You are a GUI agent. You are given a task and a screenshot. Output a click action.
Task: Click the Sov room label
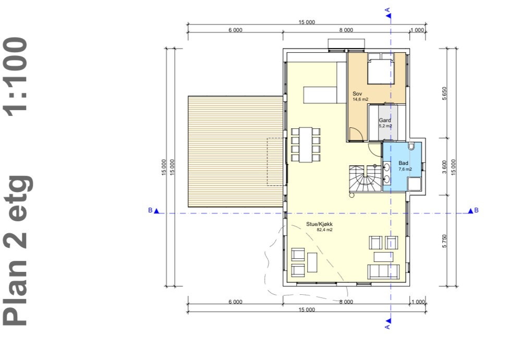pyautogui.click(x=357, y=94)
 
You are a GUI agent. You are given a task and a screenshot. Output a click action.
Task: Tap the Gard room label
pyautogui.click(x=385, y=120)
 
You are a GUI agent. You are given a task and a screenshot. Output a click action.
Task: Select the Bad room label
pyautogui.click(x=403, y=163)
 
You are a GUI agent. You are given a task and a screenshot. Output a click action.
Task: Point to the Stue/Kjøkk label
pyautogui.click(x=319, y=224)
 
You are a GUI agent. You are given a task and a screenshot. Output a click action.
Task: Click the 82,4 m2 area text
pyautogui.click(x=324, y=230)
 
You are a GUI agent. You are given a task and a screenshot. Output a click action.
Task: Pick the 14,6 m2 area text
pyautogui.click(x=360, y=99)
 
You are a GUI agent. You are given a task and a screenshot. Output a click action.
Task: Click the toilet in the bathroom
pyautogui.click(x=411, y=146)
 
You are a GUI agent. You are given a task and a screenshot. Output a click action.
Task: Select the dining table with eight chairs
pyautogui.click(x=305, y=145)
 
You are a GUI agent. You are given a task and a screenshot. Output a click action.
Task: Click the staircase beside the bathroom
pyautogui.click(x=365, y=178)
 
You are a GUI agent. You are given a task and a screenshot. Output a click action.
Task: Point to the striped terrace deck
pyautogui.click(x=235, y=151)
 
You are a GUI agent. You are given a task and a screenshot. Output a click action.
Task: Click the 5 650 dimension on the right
pyautogui.click(x=445, y=93)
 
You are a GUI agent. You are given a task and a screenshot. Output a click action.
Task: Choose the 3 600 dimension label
pyautogui.click(x=445, y=167)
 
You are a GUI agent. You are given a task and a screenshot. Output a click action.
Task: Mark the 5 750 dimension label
pyautogui.click(x=445, y=241)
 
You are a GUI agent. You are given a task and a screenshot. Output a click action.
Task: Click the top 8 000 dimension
pyautogui.click(x=346, y=30)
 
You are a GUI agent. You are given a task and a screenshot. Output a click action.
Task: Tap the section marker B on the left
pyautogui.click(x=153, y=210)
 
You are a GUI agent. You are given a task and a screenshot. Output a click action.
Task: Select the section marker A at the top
pyautogui.click(x=388, y=14)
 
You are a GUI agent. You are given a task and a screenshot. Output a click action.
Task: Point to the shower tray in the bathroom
pyautogui.click(x=415, y=184)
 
